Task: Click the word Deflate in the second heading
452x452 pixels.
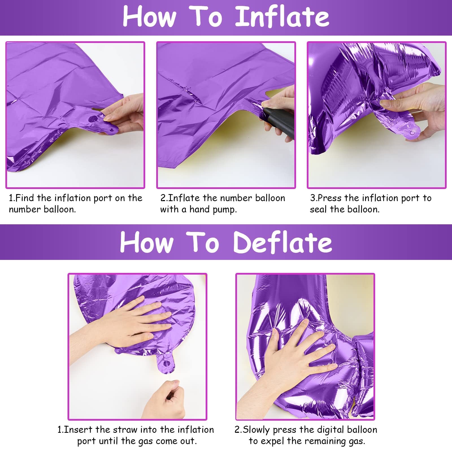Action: (x=282, y=242)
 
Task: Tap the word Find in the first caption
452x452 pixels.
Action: (x=25, y=198)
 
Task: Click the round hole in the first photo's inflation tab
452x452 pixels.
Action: (x=93, y=119)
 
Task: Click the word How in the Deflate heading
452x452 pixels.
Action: (x=147, y=242)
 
